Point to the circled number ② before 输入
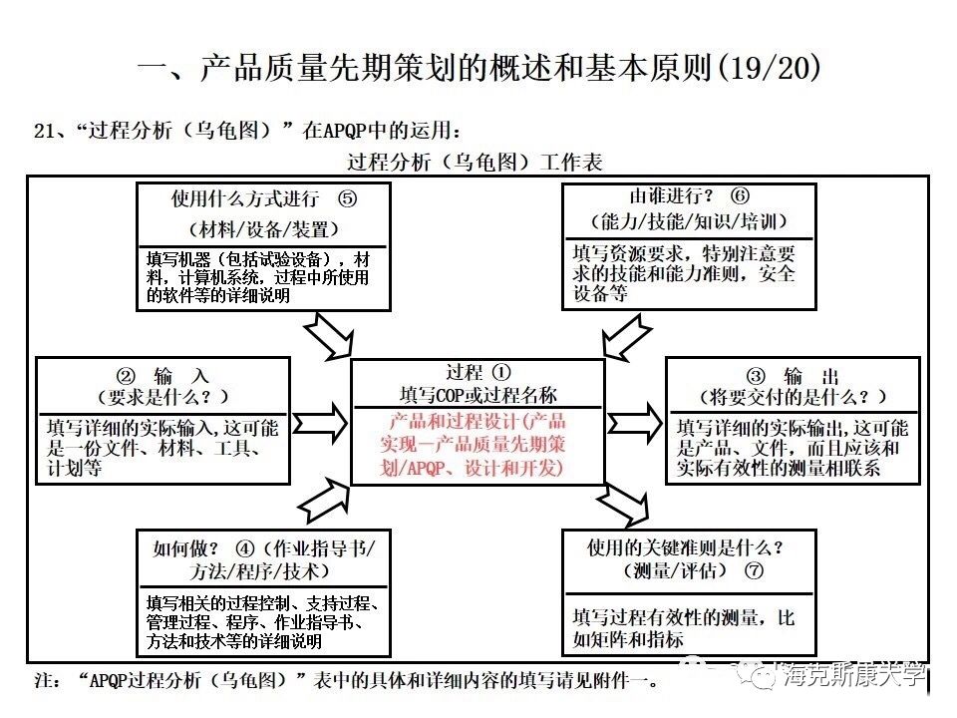(x=126, y=376)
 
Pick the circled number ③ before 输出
(x=756, y=376)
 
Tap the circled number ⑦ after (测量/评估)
(x=754, y=571)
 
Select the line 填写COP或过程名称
(x=478, y=395)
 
